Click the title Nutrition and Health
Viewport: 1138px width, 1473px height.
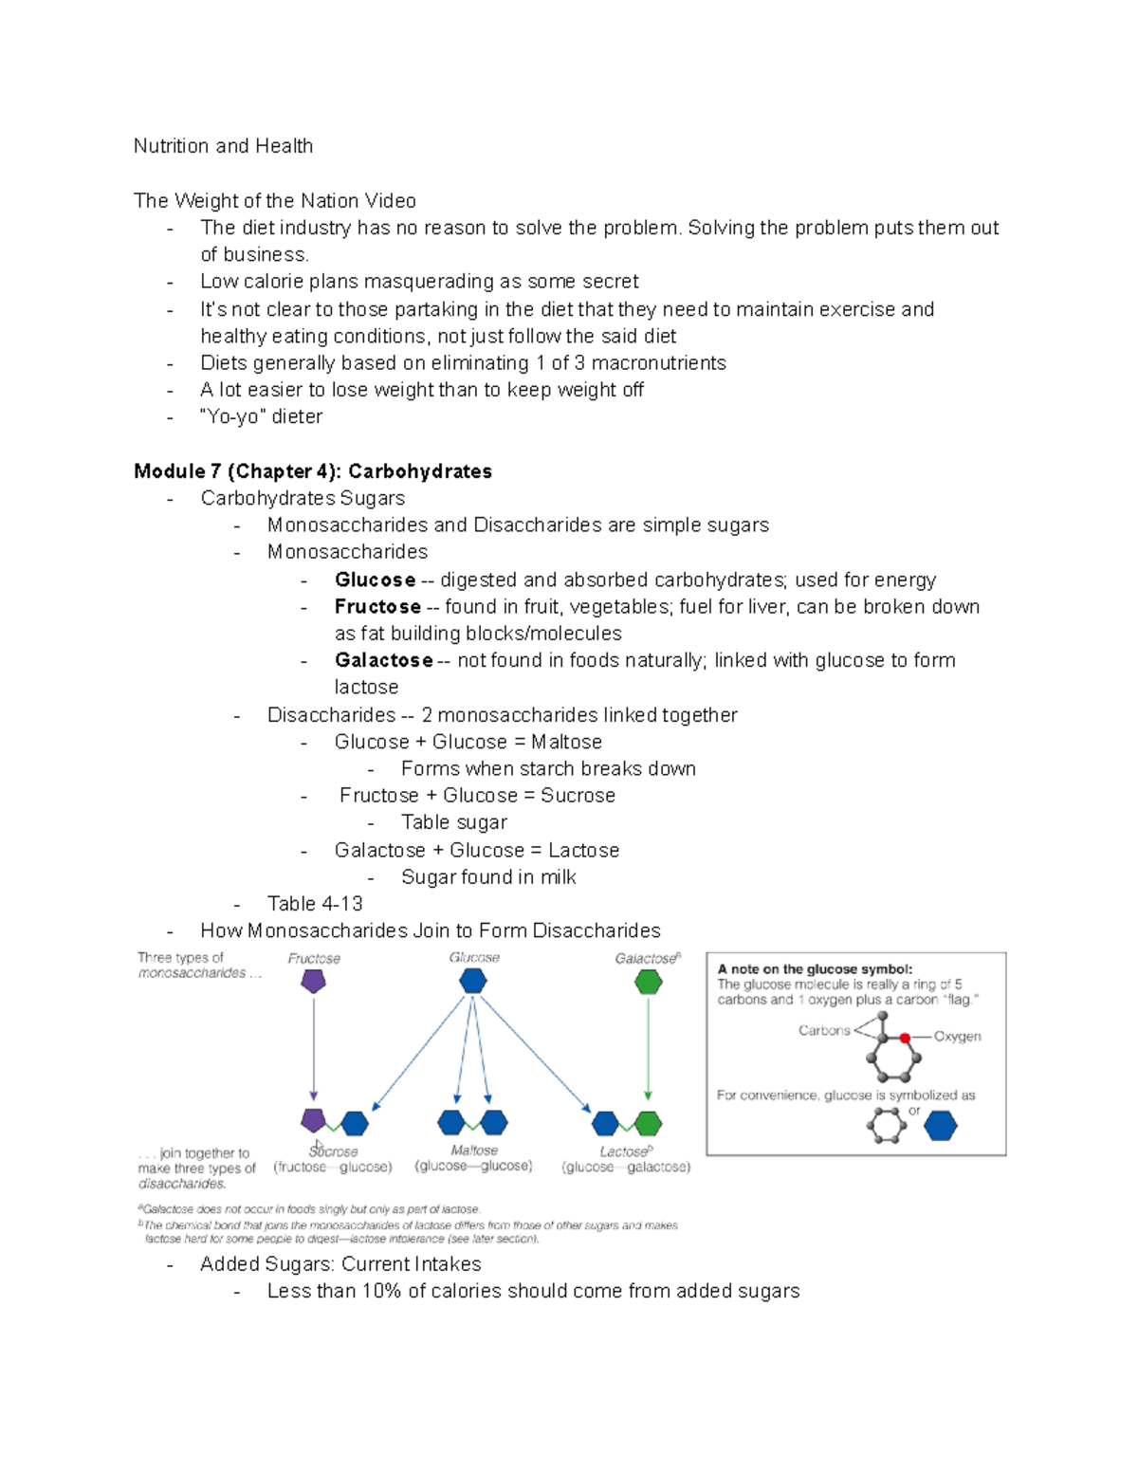pos(223,146)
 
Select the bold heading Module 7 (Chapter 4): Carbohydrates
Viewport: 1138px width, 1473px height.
pos(313,471)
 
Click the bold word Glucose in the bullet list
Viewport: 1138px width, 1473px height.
pos(375,580)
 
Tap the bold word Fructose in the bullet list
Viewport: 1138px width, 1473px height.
pos(377,606)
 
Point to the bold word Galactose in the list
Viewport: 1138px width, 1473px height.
pos(383,660)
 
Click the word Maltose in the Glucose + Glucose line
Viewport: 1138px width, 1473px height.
pos(566,742)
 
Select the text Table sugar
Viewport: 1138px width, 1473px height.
pos(453,822)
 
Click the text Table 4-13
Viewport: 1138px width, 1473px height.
pos(315,904)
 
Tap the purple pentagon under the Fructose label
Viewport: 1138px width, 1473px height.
pos(314,982)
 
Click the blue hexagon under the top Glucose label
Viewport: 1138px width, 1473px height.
pos(473,981)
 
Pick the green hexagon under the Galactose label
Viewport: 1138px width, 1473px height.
pos(648,983)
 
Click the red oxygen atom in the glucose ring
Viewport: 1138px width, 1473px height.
pos(906,1039)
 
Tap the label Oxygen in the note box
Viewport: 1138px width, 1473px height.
pos(957,1037)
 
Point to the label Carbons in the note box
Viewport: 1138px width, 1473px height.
pos(824,1031)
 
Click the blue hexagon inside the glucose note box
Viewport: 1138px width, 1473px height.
pos(940,1126)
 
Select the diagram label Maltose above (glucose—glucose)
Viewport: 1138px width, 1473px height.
pos(474,1151)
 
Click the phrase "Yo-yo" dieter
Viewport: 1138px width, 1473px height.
pos(262,416)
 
